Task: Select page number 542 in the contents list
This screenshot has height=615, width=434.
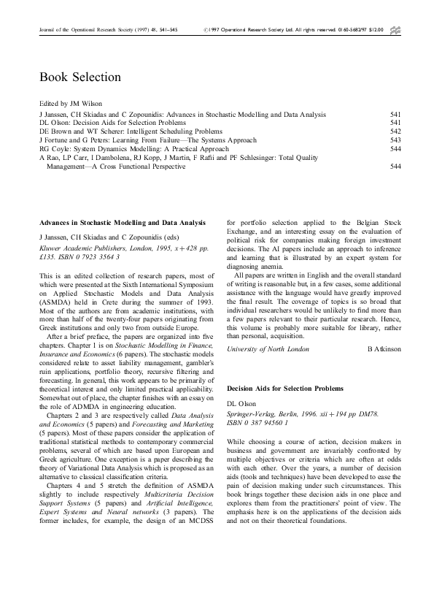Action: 396,131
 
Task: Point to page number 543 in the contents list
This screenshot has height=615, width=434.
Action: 396,140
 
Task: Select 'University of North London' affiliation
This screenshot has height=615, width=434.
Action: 267,349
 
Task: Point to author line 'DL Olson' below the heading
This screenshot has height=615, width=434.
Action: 243,404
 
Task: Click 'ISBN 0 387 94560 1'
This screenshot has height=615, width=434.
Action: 257,421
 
